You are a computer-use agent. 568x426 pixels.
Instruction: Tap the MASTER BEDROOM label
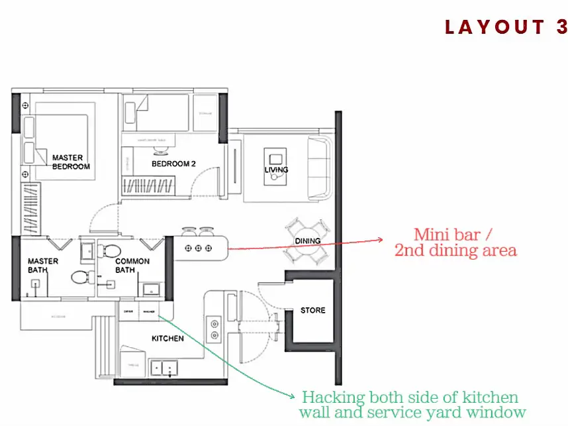[68, 162]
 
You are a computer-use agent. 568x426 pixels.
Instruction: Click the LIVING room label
[276, 170]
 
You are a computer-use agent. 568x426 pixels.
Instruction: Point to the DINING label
[307, 241]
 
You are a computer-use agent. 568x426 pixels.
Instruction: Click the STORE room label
[312, 310]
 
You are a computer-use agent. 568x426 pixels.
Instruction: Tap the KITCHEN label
[167, 339]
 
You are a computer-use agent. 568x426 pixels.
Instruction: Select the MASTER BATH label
[42, 266]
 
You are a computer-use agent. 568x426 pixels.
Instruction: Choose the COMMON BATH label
[133, 266]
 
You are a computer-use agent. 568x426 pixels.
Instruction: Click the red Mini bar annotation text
[455, 242]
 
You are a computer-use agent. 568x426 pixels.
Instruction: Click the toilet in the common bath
[110, 251]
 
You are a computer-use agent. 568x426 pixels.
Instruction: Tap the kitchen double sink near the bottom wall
[163, 366]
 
